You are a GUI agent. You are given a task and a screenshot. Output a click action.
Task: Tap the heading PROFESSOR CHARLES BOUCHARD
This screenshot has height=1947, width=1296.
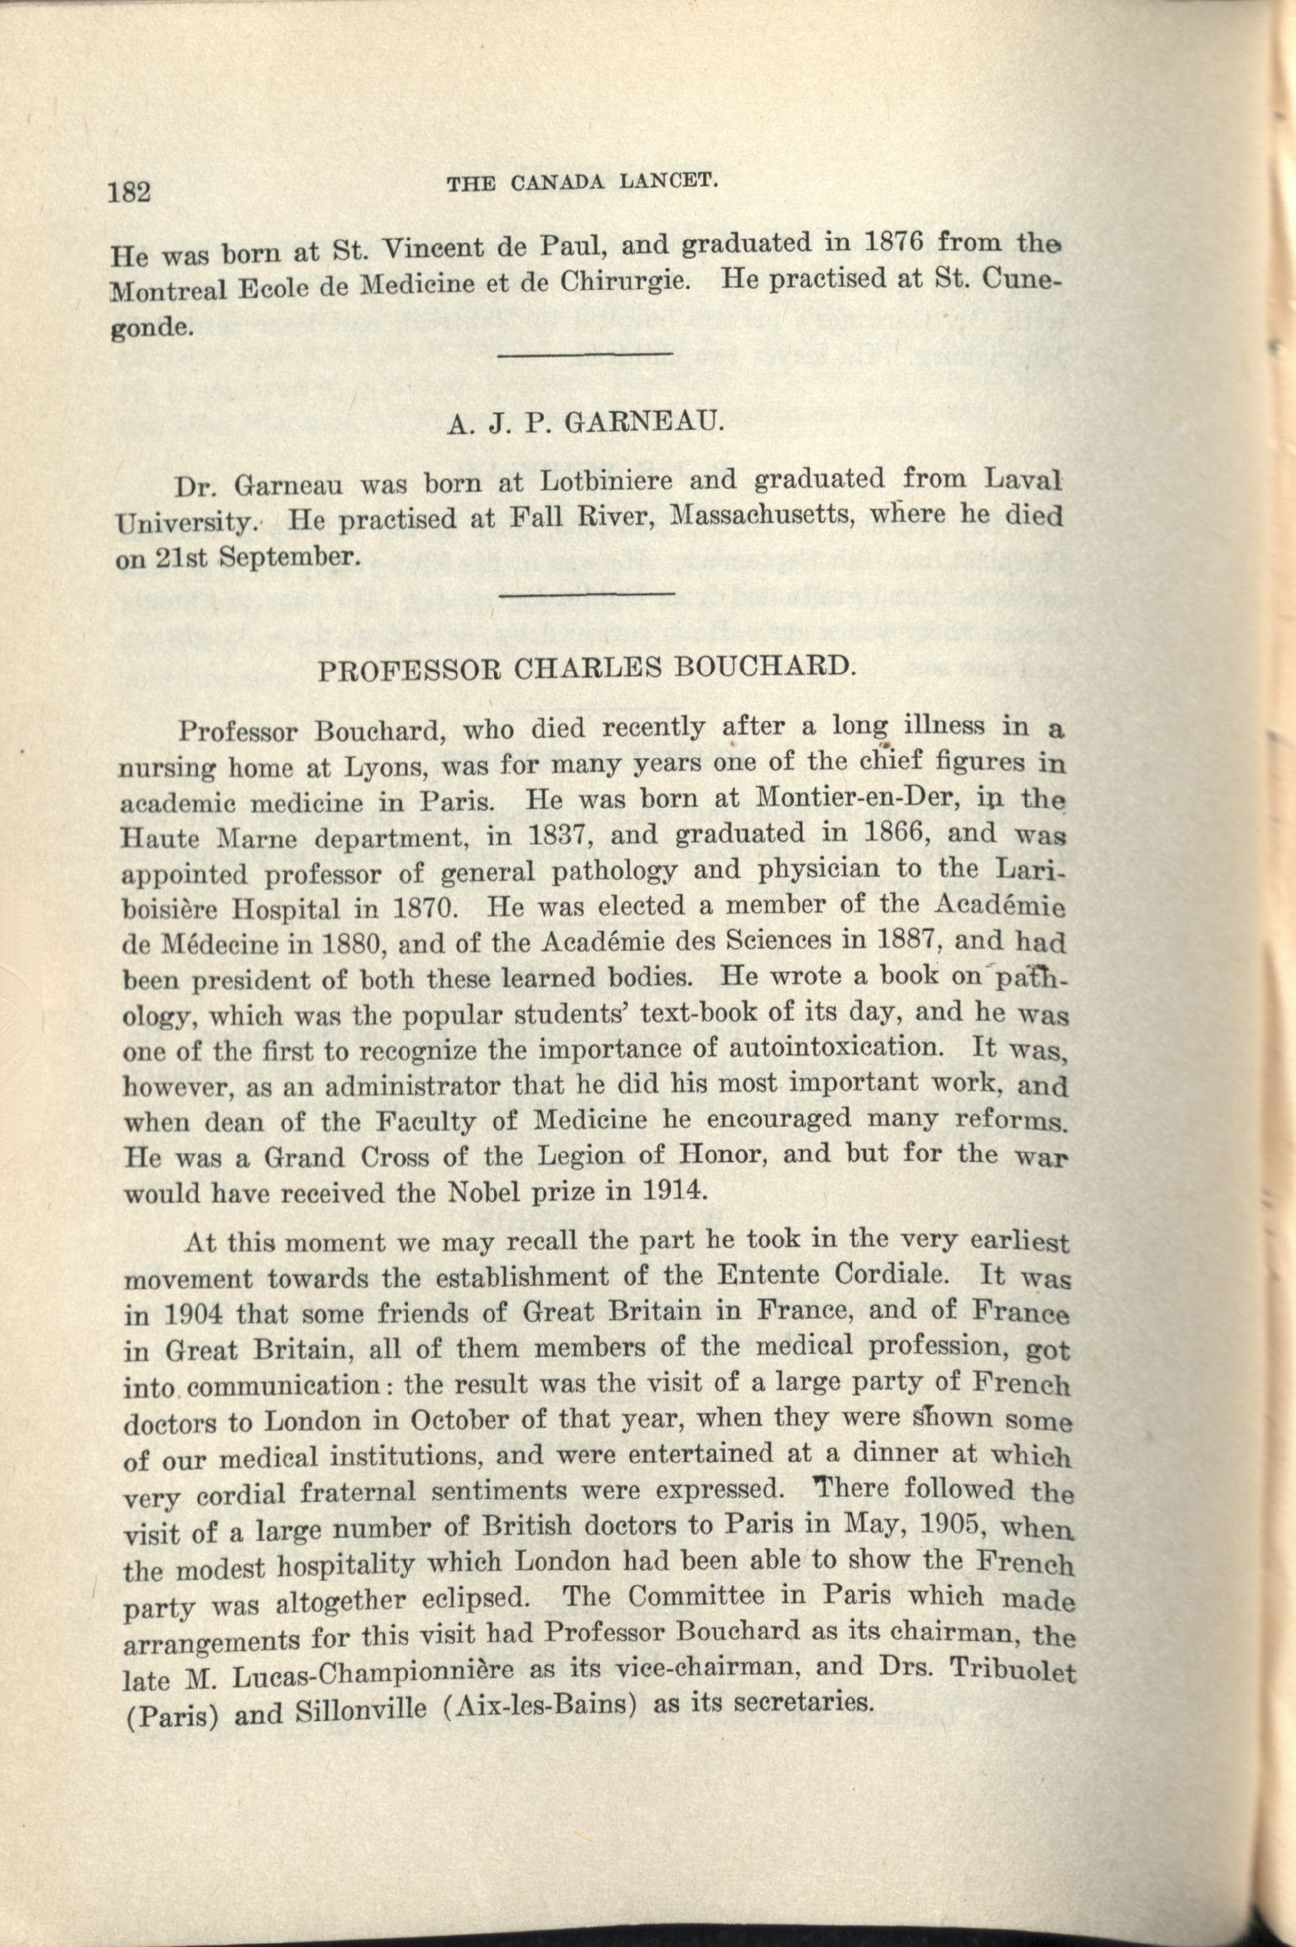point(585,668)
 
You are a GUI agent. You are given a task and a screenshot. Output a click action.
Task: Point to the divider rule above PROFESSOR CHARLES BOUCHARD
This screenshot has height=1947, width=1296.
point(587,592)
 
